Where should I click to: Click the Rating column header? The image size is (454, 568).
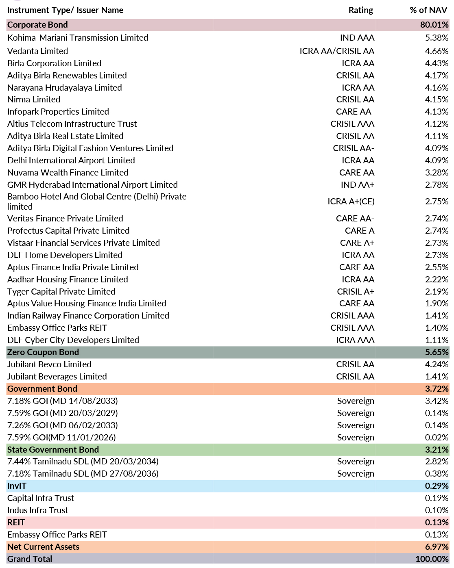click(360, 10)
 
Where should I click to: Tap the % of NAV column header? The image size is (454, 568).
click(428, 10)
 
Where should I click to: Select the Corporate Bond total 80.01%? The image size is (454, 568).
click(434, 24)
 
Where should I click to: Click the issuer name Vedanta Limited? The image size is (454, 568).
click(37, 51)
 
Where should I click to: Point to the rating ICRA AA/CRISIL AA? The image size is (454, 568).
click(337, 51)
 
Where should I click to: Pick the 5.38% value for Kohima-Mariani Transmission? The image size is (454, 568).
click(437, 38)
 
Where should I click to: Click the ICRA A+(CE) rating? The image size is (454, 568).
click(351, 202)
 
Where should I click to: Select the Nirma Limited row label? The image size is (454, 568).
click(34, 100)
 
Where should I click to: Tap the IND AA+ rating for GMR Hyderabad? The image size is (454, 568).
click(357, 185)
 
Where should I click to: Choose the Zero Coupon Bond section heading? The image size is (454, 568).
click(43, 352)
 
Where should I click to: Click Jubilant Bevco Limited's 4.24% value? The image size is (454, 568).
click(437, 364)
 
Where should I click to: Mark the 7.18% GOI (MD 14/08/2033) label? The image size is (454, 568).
click(62, 401)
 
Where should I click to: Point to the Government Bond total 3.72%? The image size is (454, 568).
click(437, 388)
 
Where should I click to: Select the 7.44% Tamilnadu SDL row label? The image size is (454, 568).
click(83, 462)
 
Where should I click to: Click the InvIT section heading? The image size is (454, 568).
click(17, 486)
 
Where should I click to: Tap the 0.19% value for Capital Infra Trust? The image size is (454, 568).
click(437, 498)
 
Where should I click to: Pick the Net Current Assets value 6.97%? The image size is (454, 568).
click(437, 546)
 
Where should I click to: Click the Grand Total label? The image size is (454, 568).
click(30, 559)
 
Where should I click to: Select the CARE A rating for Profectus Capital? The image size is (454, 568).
click(360, 231)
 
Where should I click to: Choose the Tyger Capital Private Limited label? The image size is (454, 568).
click(61, 292)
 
